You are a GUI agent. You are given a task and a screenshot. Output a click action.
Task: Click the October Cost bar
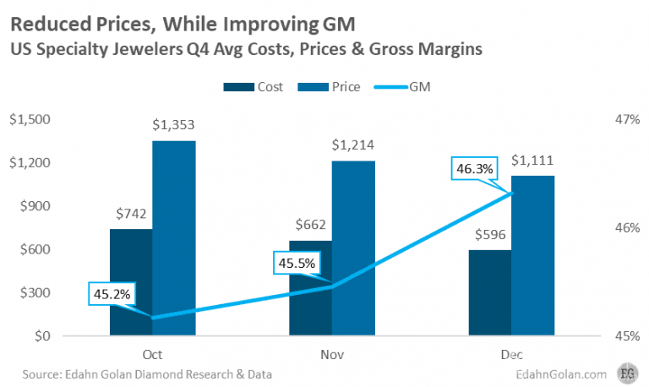[x=130, y=282]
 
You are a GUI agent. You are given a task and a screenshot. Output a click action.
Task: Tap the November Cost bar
[x=310, y=288]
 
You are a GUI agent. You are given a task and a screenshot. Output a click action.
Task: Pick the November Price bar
[x=353, y=248]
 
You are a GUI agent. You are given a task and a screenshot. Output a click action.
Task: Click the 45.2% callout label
[x=111, y=294]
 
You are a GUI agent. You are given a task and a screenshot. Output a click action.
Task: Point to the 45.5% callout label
[x=295, y=263]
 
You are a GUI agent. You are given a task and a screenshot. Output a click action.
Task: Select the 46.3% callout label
[x=474, y=169]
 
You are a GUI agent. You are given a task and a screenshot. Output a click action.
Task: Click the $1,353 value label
[x=174, y=125]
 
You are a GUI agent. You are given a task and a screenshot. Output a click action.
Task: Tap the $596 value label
[x=489, y=234]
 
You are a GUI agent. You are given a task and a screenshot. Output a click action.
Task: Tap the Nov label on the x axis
[x=332, y=354]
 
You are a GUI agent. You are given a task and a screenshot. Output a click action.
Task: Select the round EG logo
[x=628, y=372]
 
